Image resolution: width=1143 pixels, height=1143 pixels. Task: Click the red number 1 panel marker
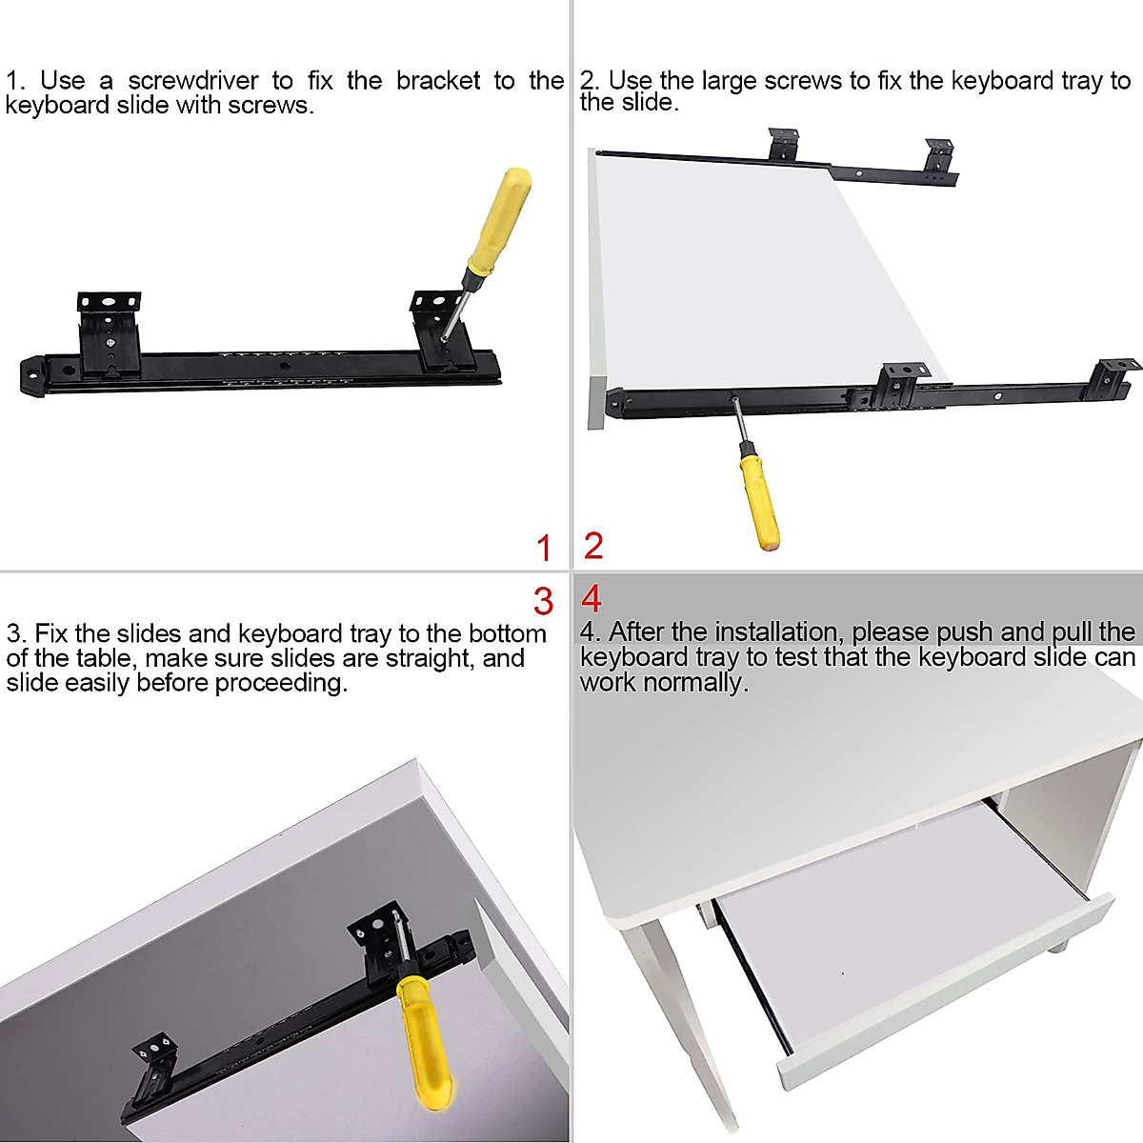click(x=544, y=549)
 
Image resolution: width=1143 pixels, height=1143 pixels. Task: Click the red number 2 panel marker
click(x=593, y=547)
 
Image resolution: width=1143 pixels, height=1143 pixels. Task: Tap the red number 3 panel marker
click(x=544, y=601)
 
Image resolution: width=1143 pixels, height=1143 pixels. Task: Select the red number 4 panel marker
click(x=592, y=599)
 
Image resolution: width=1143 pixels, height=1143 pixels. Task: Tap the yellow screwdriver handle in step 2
click(x=758, y=501)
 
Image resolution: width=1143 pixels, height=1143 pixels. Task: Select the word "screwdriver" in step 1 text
click(x=192, y=81)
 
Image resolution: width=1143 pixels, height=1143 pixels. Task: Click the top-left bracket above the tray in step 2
click(x=786, y=146)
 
